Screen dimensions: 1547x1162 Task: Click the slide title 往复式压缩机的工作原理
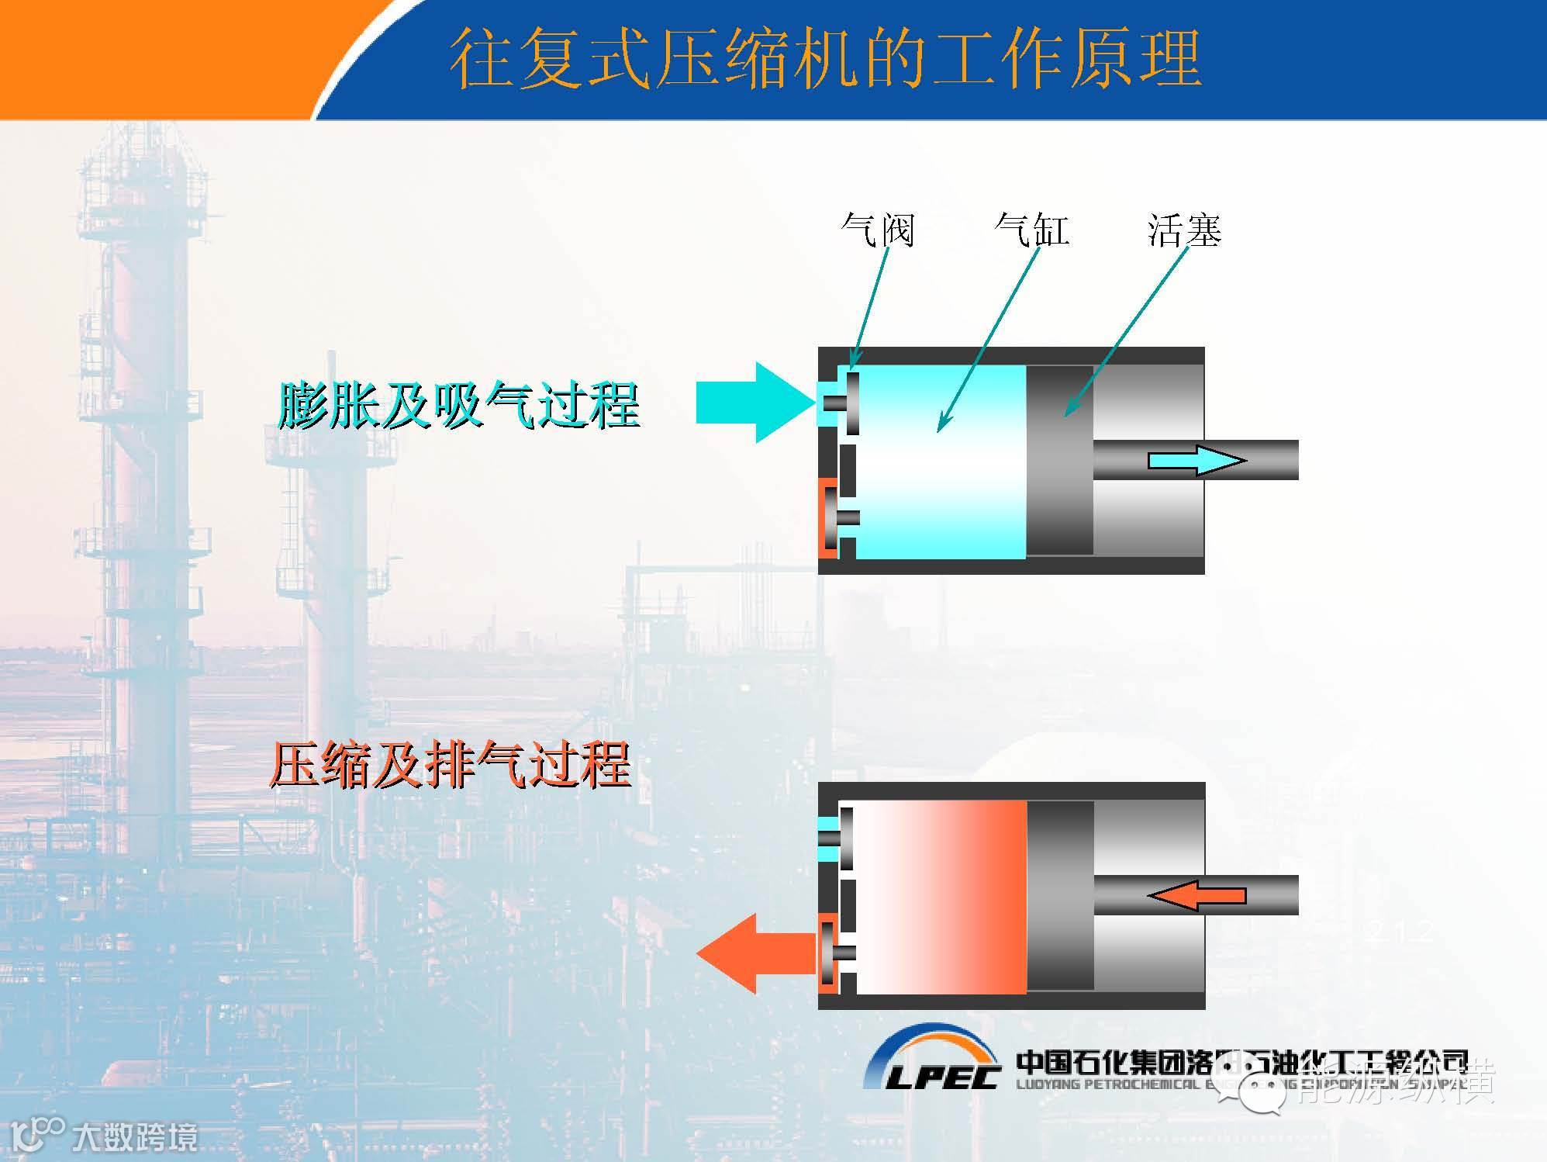tap(825, 59)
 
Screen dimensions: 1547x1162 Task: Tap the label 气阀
tap(878, 230)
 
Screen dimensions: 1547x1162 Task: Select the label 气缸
tap(1031, 230)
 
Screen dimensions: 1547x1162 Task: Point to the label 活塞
tap(1184, 230)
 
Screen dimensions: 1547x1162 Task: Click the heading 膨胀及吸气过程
tap(458, 405)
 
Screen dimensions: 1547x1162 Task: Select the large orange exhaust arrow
tap(756, 953)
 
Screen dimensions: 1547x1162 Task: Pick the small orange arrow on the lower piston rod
tap(1197, 896)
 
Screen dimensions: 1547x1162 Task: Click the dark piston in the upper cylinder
tap(1059, 460)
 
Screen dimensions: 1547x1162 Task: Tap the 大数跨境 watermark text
tap(135, 1138)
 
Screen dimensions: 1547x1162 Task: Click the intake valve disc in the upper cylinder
tap(853, 403)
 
